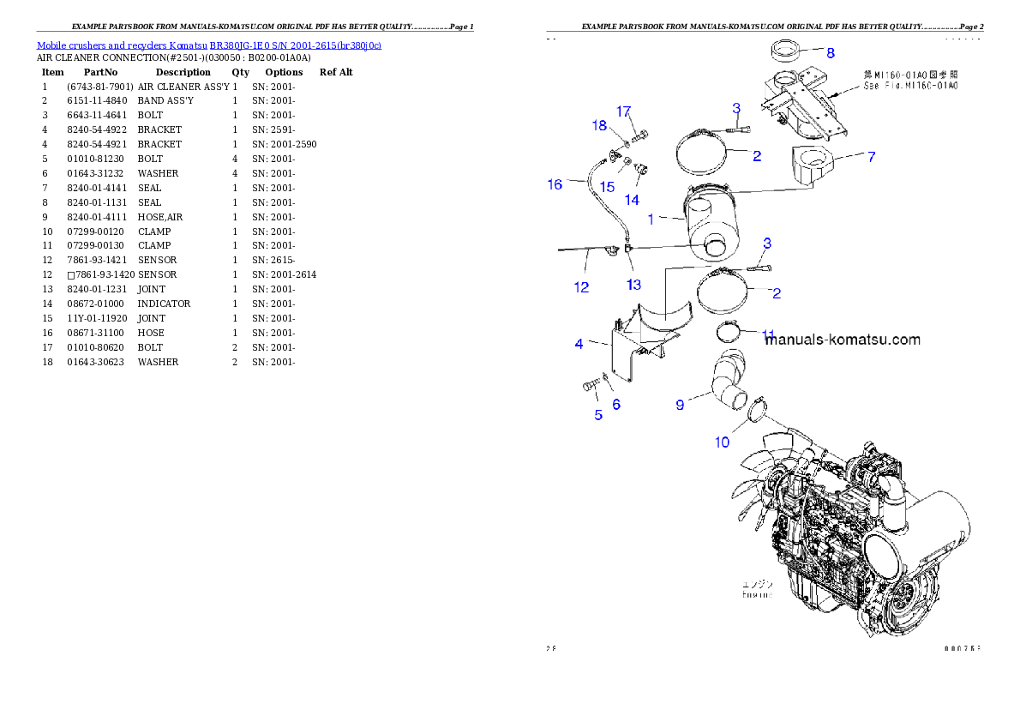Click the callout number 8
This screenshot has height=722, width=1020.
coord(830,52)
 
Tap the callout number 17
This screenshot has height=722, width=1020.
coord(623,111)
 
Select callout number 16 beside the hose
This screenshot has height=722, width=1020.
coord(555,184)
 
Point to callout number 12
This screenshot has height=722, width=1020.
coord(582,287)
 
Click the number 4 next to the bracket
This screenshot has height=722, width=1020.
coord(579,344)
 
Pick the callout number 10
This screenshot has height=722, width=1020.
coord(723,442)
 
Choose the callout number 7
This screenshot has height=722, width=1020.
coord(871,157)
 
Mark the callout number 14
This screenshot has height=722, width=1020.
coord(632,200)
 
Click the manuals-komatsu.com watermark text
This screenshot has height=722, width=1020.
coord(843,340)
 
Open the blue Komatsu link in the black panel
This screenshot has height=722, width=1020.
coord(208,45)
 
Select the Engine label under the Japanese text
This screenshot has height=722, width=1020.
coord(757,594)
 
